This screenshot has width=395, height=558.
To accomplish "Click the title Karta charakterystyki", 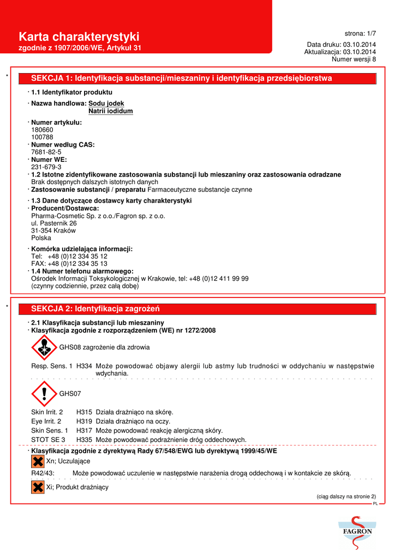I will pyautogui.click(x=79, y=37).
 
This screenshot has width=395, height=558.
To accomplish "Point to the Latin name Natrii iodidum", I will pyautogui.click(x=111, y=111).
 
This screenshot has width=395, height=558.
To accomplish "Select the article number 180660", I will pyautogui.click(x=43, y=130).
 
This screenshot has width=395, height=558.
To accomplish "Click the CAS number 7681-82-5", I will pyautogui.click(x=46, y=152).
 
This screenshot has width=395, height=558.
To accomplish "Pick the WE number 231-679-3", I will pyautogui.click(x=46, y=167).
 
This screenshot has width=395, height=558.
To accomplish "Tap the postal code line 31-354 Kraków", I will pyautogui.click(x=53, y=231).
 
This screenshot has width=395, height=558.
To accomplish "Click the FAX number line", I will pyautogui.click(x=69, y=264).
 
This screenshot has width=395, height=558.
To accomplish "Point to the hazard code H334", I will pyautogui.click(x=83, y=366).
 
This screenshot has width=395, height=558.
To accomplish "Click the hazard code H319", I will pyautogui.click(x=83, y=421).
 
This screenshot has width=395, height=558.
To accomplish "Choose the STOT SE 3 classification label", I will pyautogui.click(x=48, y=440).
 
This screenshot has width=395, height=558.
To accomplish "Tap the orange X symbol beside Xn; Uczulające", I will pyautogui.click(x=38, y=462).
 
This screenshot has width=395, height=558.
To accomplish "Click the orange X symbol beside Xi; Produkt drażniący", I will pyautogui.click(x=38, y=487).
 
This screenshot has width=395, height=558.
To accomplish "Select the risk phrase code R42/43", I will pyautogui.click(x=42, y=473).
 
